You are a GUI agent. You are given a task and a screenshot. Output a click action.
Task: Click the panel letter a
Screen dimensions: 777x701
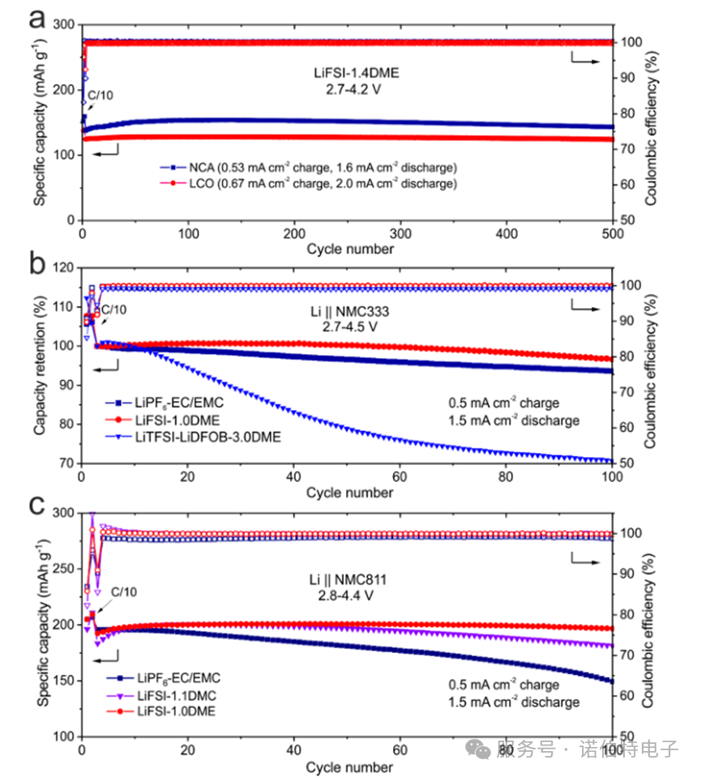36,18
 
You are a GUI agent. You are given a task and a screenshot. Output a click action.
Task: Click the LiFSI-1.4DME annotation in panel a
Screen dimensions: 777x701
357,72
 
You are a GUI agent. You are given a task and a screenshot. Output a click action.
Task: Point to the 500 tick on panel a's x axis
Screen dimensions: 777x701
613,233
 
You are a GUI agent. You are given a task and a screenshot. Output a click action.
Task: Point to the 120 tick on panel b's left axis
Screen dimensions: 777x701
66,267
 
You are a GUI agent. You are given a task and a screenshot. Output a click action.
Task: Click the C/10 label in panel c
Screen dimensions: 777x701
123,592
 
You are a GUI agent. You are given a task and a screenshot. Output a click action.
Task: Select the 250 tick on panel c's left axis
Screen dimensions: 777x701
66,569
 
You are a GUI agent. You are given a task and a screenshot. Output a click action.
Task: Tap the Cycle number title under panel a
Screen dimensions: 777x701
350,249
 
